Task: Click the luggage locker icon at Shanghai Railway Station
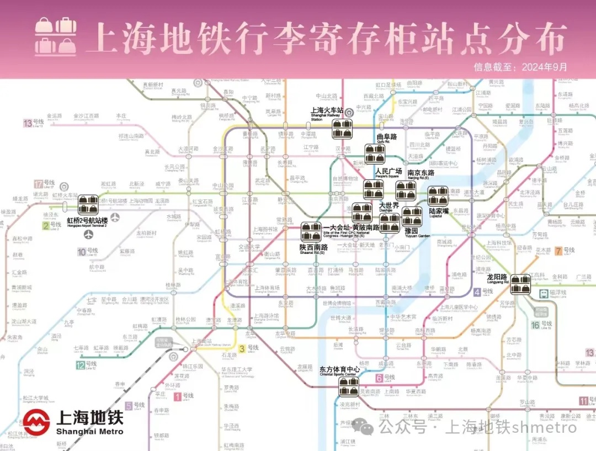tap(342, 129)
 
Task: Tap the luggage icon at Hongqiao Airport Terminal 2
tap(88, 205)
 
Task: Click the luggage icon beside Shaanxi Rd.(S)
tap(311, 232)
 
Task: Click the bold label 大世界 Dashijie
tap(389, 205)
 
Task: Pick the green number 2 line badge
tap(45, 225)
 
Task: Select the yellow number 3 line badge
tap(242, 348)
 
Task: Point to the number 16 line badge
tap(535, 325)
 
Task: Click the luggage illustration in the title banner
tap(56, 36)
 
